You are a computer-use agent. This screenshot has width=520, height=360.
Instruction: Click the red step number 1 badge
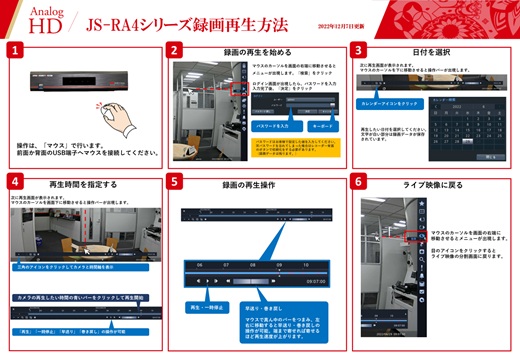pos(13,49)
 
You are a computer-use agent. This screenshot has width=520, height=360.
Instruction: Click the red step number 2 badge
pos(177,49)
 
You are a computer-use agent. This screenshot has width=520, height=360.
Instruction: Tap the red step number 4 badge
pos(13,183)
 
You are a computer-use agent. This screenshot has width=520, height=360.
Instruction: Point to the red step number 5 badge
pos(177,183)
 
